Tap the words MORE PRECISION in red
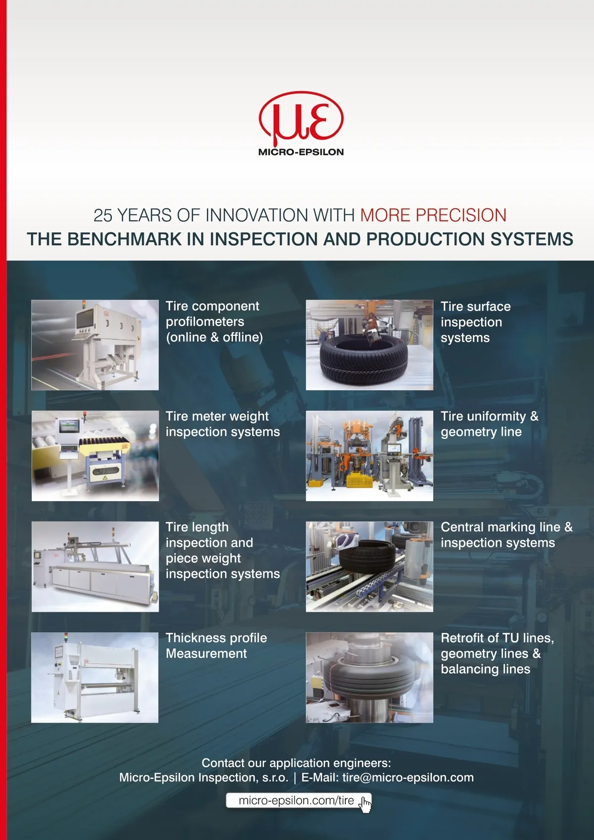coord(433,215)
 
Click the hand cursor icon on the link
coord(365,804)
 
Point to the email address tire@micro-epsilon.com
coord(407,778)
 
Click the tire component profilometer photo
coord(95,345)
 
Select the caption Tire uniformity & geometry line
coord(489,424)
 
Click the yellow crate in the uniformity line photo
coord(360,480)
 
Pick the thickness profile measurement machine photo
coord(95,677)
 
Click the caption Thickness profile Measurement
coord(216,645)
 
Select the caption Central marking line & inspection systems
coord(506,535)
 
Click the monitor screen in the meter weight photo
coord(69,426)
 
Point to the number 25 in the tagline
coord(103,215)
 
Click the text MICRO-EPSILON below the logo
coord(301,152)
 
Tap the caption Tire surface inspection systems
coord(475,322)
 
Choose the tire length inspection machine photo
coord(95,567)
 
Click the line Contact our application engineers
coord(296,763)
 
